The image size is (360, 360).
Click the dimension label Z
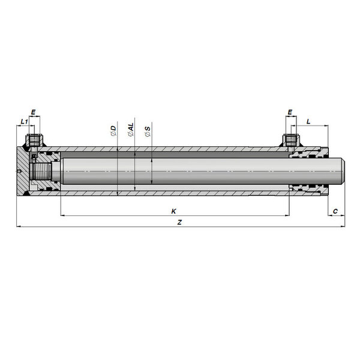[x=180, y=222]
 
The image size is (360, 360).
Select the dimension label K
[x=174, y=211]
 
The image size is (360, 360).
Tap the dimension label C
[x=335, y=211]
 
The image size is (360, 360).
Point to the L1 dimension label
[x=25, y=121]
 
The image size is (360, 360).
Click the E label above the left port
[x=33, y=112]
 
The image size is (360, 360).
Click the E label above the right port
[x=290, y=112]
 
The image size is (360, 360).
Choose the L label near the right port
[x=308, y=121]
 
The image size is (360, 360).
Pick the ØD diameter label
[x=113, y=131]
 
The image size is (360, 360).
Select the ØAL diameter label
[x=131, y=130]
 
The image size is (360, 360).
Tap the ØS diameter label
[x=148, y=131]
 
